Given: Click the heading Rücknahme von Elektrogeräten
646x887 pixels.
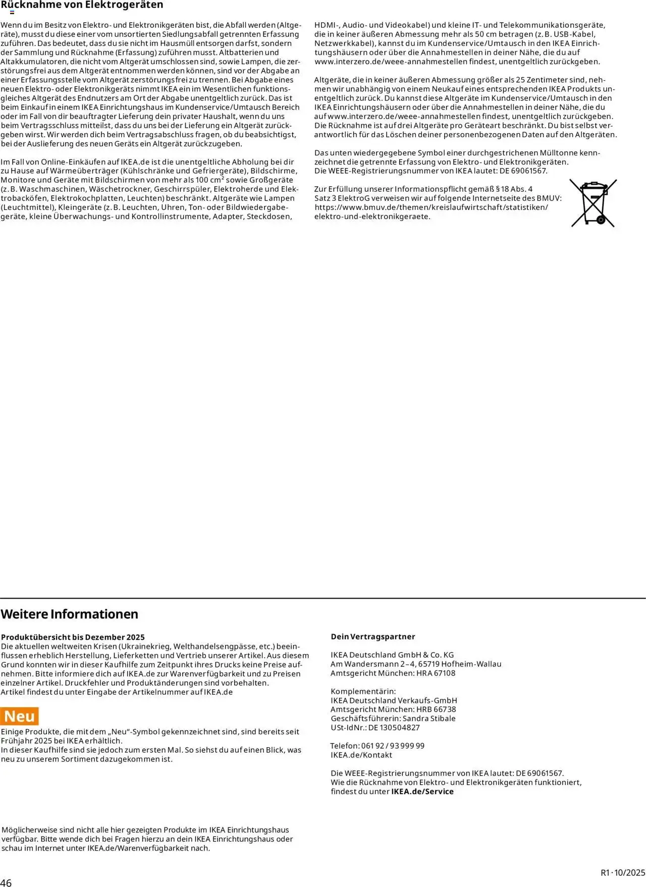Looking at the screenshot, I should pyautogui.click(x=82, y=5).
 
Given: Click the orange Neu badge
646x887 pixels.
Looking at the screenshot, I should pyautogui.click(x=20, y=716).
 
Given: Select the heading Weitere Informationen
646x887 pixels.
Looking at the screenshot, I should pyautogui.click(x=70, y=614).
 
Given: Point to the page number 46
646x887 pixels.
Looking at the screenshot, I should pyautogui.click(x=6, y=882).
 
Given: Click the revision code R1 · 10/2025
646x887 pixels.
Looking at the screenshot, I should pyautogui.click(x=623, y=872).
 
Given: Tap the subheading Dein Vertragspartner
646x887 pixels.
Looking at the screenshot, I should pyautogui.click(x=373, y=637).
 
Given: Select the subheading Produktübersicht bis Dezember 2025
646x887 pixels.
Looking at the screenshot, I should pyautogui.click(x=73, y=637).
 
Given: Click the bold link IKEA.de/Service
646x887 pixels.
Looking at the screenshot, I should pyautogui.click(x=422, y=792).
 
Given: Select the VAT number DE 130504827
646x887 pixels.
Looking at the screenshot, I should pyautogui.click(x=394, y=728).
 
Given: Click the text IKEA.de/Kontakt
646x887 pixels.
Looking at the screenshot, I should pyautogui.click(x=361, y=755).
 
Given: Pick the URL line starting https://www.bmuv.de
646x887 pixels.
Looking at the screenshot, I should pyautogui.click(x=431, y=207).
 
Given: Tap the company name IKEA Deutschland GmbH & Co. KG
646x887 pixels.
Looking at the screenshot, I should pyautogui.click(x=392, y=655).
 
